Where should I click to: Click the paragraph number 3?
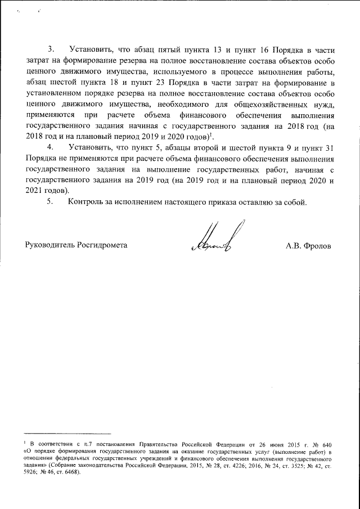tap(52, 48)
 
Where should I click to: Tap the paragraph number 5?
tap(52, 202)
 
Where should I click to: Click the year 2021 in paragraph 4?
tap(34, 191)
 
